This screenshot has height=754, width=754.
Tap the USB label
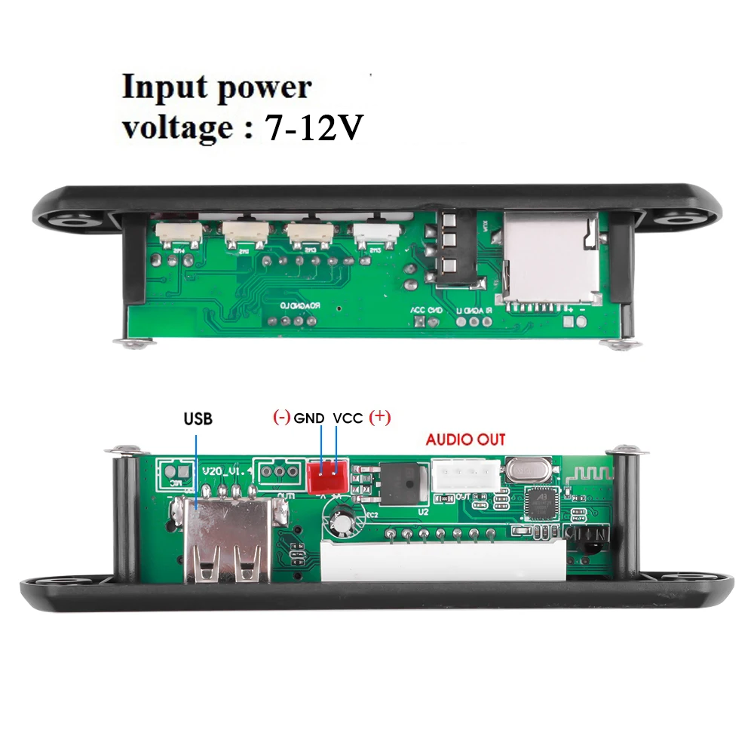click(198, 418)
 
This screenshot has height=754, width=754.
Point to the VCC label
click(348, 417)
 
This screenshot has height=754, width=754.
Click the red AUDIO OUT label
click(465, 440)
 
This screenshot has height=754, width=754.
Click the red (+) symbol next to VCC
click(379, 417)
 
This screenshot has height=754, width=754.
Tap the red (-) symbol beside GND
click(281, 417)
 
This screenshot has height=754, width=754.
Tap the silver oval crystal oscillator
click(526, 471)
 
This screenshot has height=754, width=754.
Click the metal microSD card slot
click(550, 260)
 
